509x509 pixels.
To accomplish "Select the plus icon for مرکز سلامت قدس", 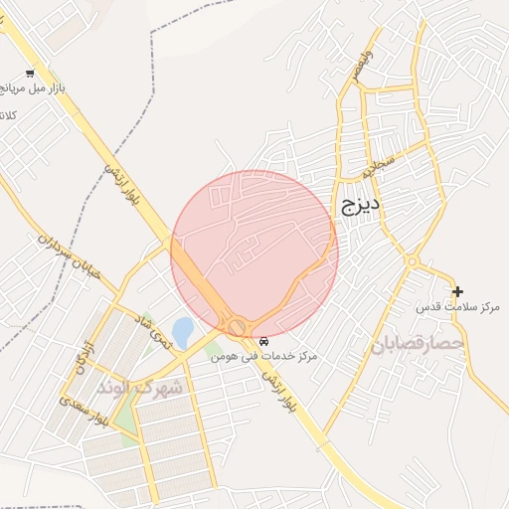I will (x=457, y=291).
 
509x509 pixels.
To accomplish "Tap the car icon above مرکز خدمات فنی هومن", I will (x=262, y=341).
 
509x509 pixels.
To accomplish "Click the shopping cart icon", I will (x=31, y=73).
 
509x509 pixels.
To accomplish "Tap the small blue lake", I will (x=183, y=330).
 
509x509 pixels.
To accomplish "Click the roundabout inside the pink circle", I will (x=238, y=326).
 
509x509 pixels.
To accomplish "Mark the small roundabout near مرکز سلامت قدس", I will (x=412, y=262).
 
